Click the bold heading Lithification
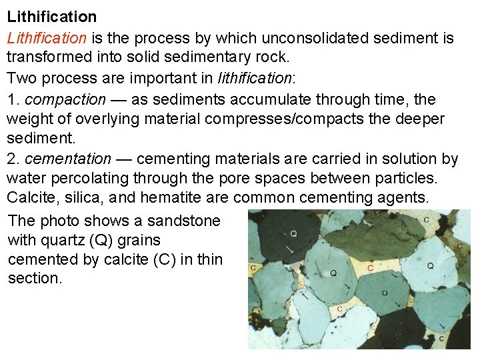point(51,16)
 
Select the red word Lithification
point(47,38)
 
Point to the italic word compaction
point(65,100)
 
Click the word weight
point(29,119)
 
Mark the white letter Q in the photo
point(294,234)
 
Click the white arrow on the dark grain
point(290,249)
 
